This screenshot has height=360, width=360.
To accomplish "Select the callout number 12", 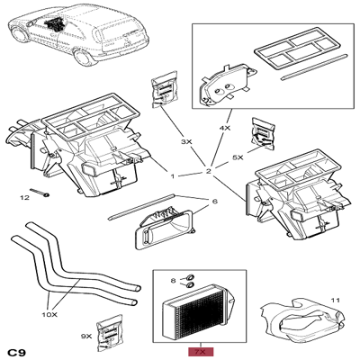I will [x=25, y=197].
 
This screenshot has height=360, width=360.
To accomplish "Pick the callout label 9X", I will [x=86, y=335].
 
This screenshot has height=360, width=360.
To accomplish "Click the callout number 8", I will [x=175, y=282].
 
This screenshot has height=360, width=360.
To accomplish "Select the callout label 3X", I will [x=186, y=142].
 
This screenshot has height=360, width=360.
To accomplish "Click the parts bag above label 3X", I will [x=166, y=94].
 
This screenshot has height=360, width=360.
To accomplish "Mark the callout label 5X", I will [x=238, y=157].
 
